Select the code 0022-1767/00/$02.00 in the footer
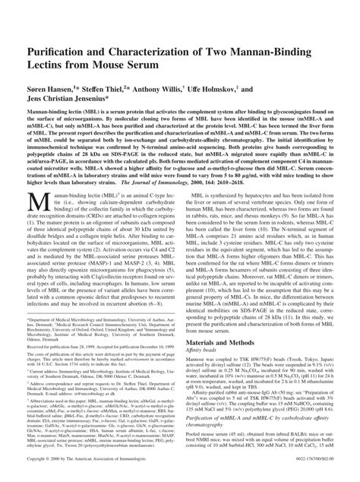tap(324, 461)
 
